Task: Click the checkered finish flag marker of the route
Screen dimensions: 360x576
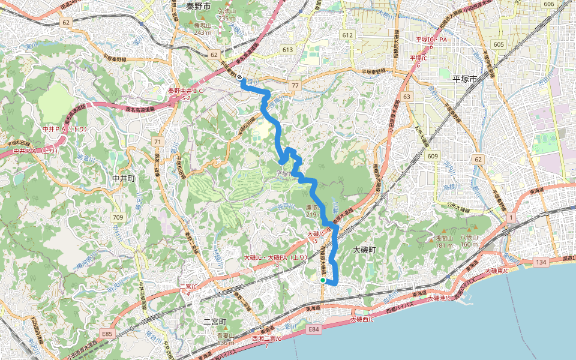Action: click(x=239, y=77)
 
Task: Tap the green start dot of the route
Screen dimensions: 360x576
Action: click(x=323, y=280)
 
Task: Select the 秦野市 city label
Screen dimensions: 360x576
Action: click(x=199, y=6)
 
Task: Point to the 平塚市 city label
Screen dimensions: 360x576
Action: click(x=464, y=79)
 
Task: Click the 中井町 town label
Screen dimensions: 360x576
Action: click(x=124, y=178)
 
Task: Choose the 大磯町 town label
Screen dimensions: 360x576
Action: click(x=364, y=249)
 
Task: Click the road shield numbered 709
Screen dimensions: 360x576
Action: click(x=118, y=217)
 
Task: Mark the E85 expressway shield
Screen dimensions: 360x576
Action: click(x=107, y=333)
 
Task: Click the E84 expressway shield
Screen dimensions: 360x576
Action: click(x=314, y=329)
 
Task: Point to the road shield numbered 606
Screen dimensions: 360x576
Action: click(x=548, y=4)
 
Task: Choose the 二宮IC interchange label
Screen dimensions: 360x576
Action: click(x=189, y=286)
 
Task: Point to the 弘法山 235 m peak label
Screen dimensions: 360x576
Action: click(x=227, y=14)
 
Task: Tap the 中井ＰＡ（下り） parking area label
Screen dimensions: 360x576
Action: click(x=65, y=129)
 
